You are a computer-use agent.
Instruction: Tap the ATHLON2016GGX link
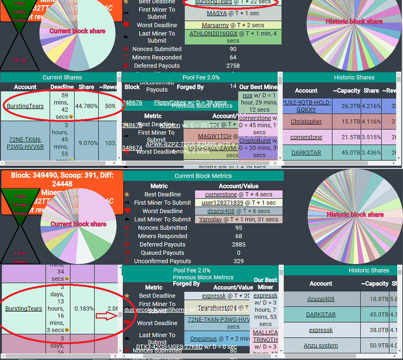213,34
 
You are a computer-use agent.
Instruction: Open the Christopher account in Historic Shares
306,122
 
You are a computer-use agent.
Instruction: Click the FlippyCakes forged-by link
170,103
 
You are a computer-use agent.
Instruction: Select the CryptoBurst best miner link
255,141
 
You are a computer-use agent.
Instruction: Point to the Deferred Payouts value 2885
239,245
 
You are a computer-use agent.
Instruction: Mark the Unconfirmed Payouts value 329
239,261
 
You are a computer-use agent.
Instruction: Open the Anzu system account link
320,346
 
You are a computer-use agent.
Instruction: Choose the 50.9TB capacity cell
375,346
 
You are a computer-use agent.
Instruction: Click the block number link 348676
132,103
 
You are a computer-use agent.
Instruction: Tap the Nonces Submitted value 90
233,49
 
